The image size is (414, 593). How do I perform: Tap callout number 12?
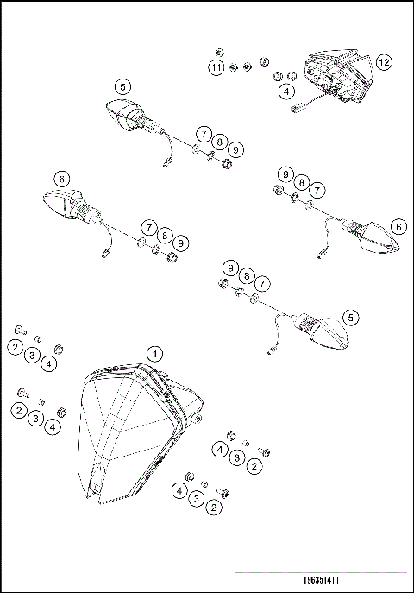coord(383,62)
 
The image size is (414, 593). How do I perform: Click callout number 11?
coord(216,66)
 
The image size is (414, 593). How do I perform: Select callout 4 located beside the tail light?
coord(285,91)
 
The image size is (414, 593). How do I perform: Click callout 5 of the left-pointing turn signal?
coord(122,86)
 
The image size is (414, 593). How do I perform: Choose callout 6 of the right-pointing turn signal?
coord(398,226)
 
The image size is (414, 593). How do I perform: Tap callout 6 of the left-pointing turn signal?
coord(60,179)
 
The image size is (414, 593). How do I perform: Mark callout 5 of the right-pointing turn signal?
coord(350,318)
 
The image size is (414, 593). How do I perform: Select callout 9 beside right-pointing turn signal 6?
coord(284,174)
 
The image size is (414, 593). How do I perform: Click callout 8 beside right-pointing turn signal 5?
coord(247,275)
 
